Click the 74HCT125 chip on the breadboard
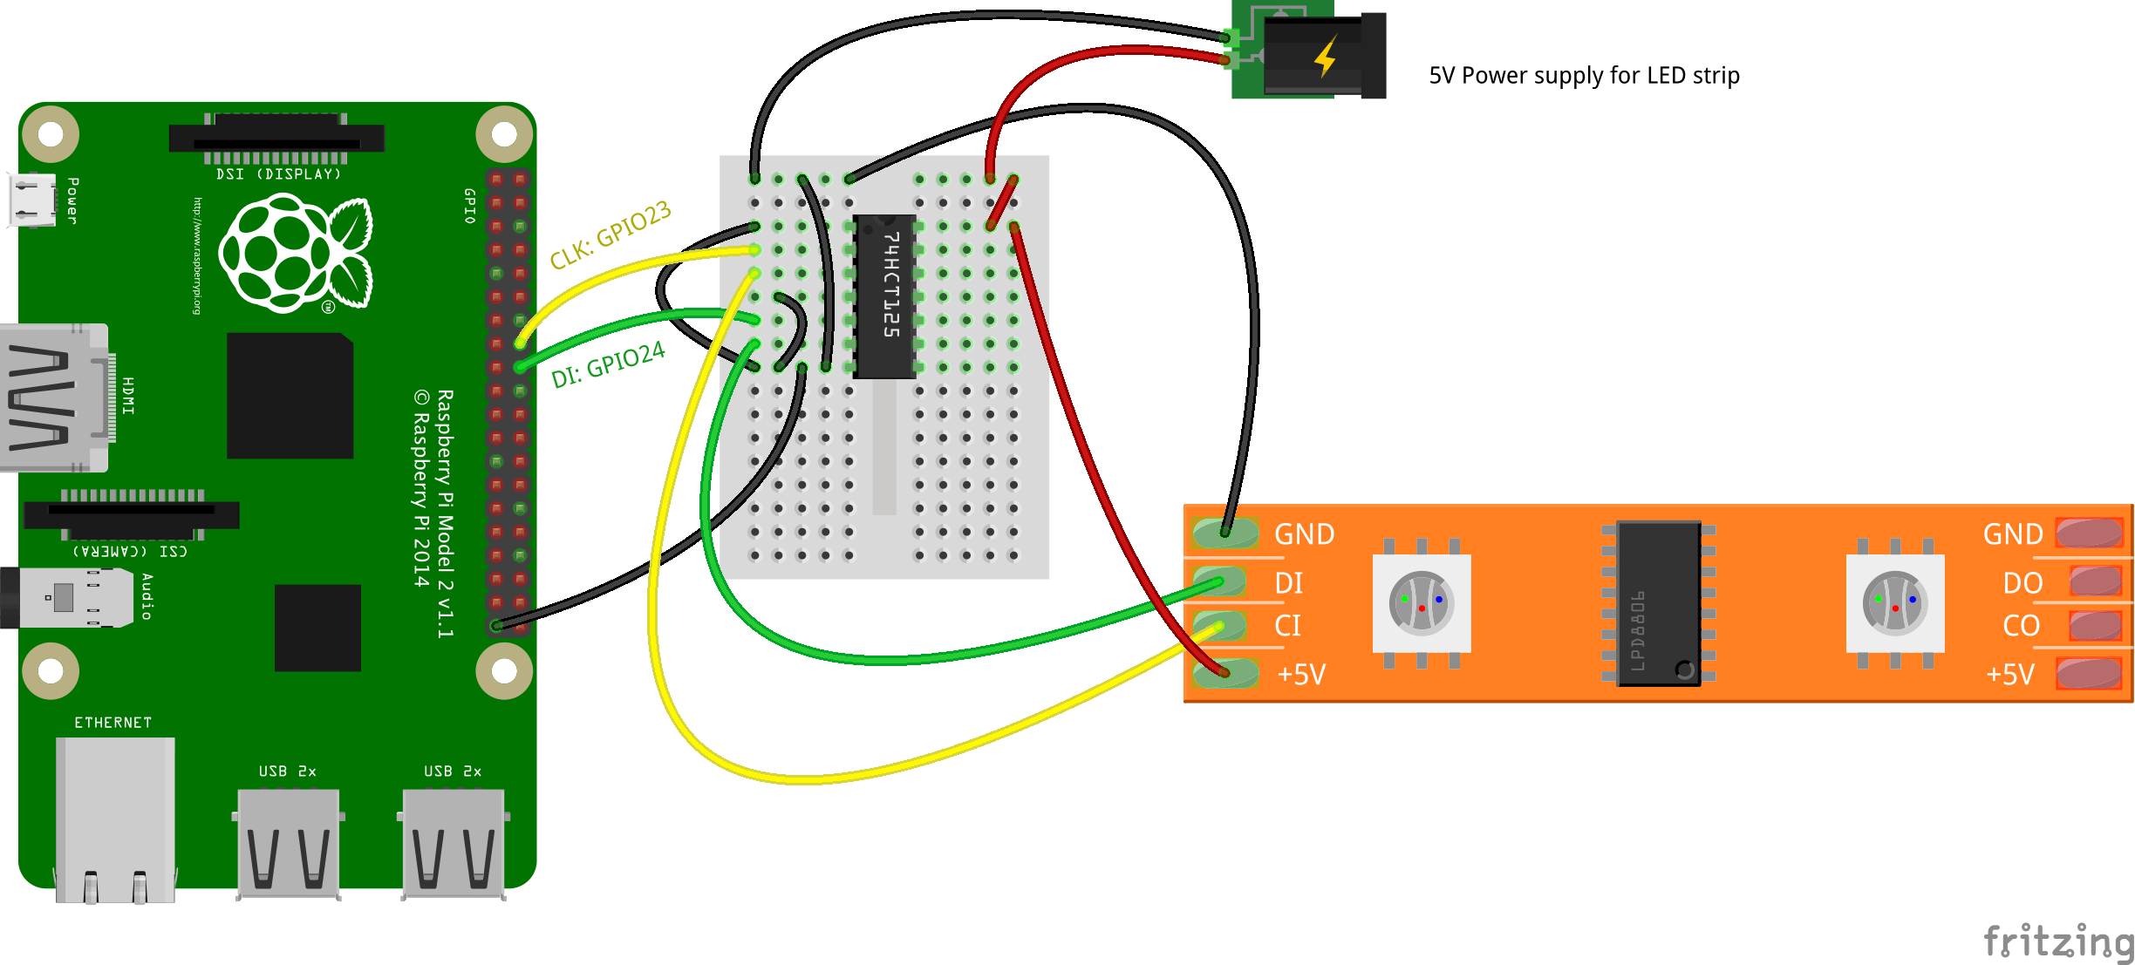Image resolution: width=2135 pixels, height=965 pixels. (x=885, y=296)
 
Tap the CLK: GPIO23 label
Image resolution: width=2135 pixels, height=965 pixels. (x=610, y=234)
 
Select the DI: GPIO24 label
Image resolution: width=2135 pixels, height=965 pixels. (x=608, y=364)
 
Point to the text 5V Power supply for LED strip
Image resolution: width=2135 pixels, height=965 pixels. (x=1584, y=76)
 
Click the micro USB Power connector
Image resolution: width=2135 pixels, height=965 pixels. (x=33, y=200)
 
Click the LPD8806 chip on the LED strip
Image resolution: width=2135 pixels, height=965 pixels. (x=1658, y=603)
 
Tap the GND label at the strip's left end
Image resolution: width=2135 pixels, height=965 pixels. (x=1304, y=534)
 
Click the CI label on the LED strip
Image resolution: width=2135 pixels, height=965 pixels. (x=1287, y=626)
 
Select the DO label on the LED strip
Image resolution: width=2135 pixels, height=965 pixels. (x=2022, y=583)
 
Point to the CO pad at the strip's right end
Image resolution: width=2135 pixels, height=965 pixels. (x=2095, y=626)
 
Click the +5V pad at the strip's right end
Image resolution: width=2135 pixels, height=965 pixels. (x=2089, y=674)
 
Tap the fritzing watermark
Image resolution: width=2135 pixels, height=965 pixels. (x=2058, y=941)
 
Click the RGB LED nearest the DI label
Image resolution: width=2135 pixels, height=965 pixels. (x=1422, y=603)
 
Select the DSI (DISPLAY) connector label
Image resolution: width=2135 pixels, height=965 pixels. (x=278, y=174)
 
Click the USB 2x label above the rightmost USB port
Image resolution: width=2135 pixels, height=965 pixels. (x=452, y=771)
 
